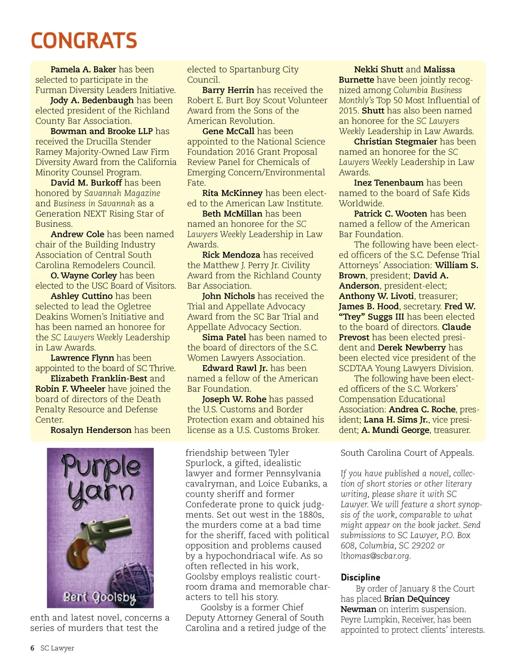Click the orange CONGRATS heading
tap(84, 41)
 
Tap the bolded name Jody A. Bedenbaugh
tap(92, 100)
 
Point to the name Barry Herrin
tap(228, 90)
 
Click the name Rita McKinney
tap(232, 193)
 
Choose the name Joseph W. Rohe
tap(234, 399)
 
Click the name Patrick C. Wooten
tap(391, 214)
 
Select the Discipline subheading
tap(360, 577)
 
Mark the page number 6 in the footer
tap(32, 648)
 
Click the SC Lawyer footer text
tap(57, 648)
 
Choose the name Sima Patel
tap(224, 337)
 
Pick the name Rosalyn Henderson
tap(91, 430)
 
